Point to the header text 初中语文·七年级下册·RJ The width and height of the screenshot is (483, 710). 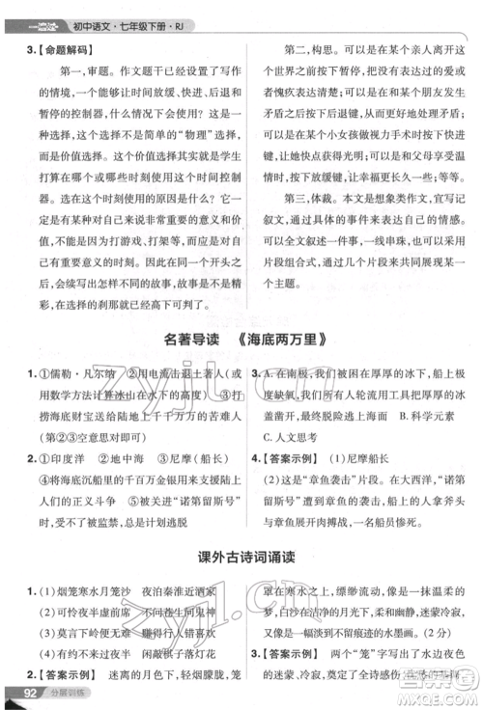point(115,12)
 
